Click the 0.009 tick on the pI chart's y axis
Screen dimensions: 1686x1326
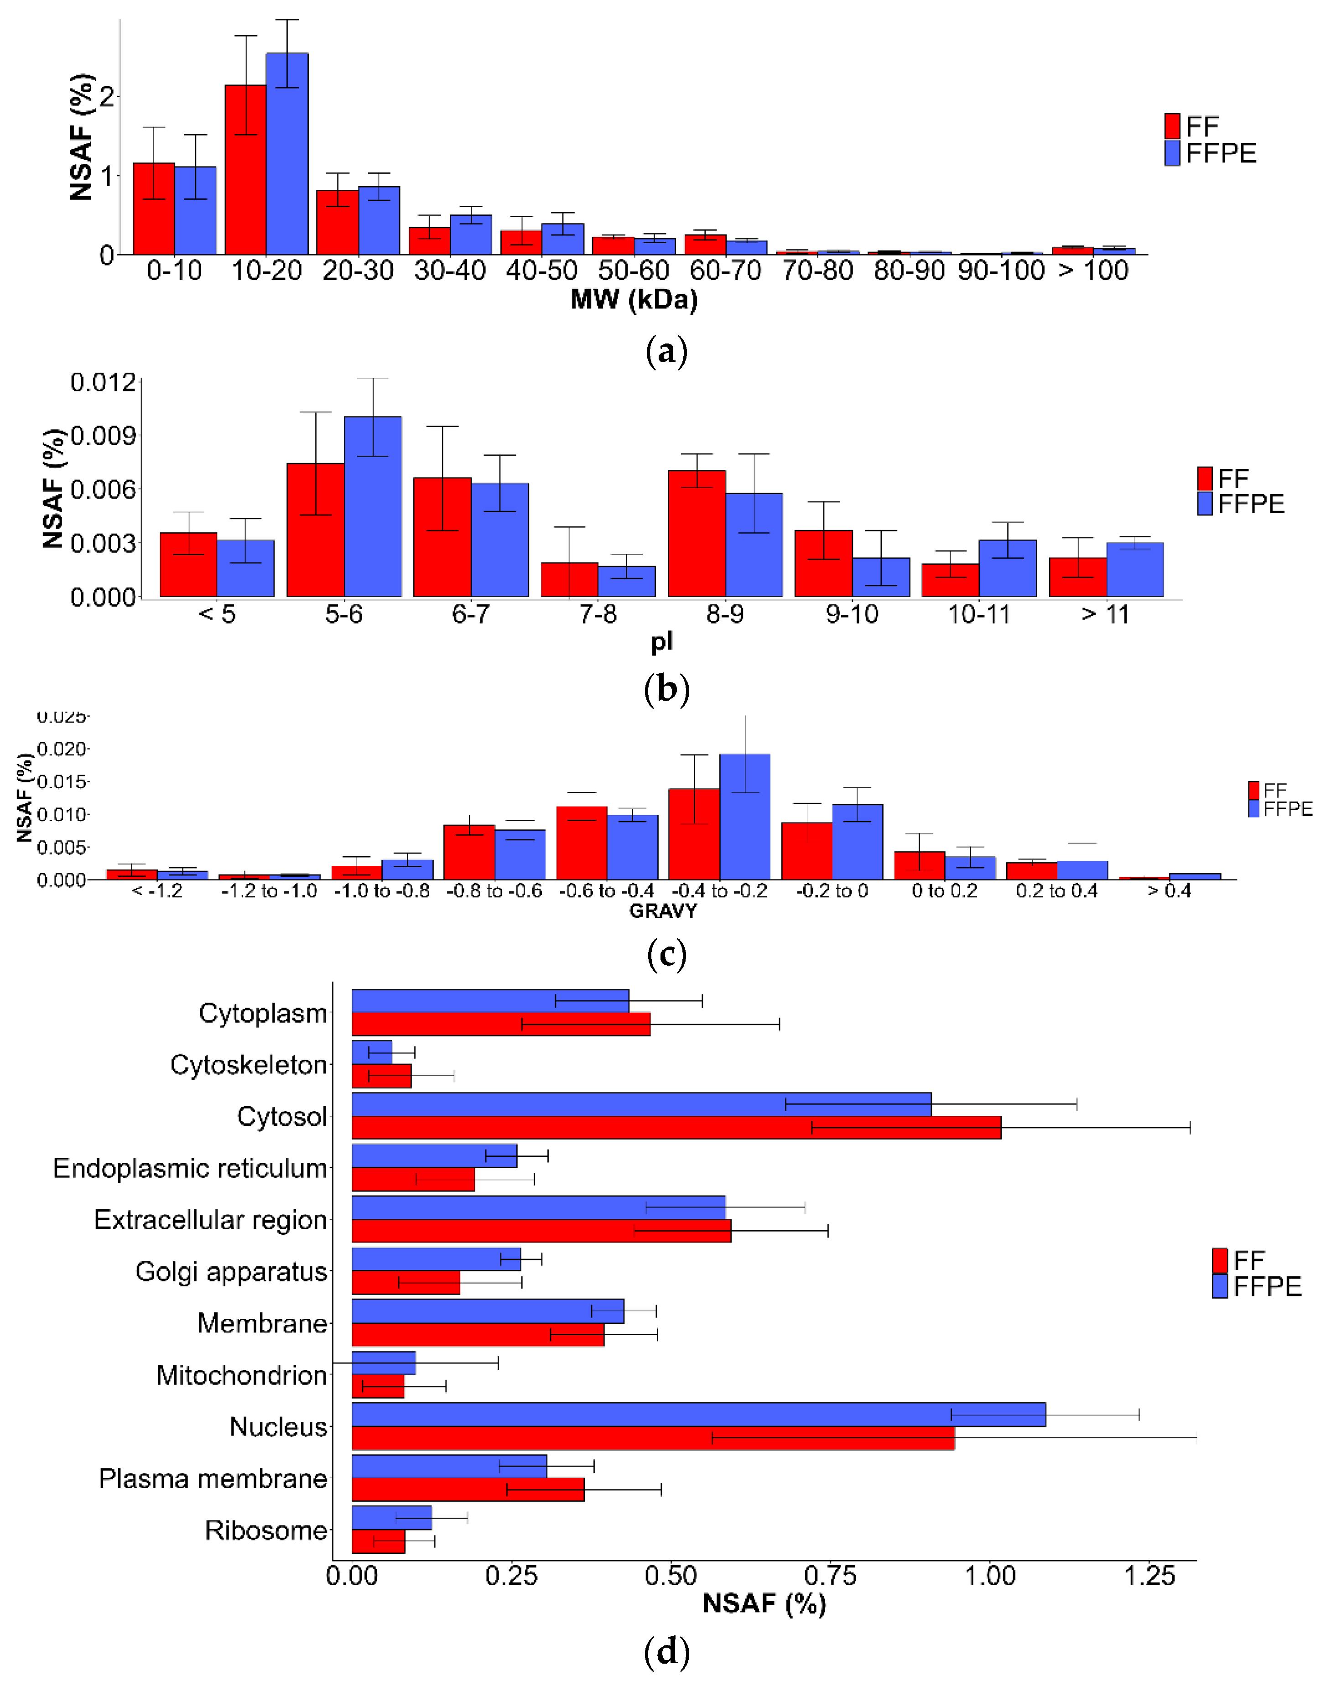pyautogui.click(x=103, y=436)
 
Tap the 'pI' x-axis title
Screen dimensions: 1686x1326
pyautogui.click(x=661, y=641)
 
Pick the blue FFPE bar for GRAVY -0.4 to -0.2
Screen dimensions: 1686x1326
pyautogui.click(x=744, y=816)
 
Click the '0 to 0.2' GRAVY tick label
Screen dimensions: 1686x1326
pyautogui.click(x=944, y=891)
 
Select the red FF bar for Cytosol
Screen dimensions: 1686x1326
pyautogui.click(x=676, y=1127)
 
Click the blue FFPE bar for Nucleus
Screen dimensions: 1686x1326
pyautogui.click(x=699, y=1414)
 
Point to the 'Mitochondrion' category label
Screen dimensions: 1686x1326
pyautogui.click(x=241, y=1375)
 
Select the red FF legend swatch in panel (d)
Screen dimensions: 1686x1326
pyautogui.click(x=1220, y=1260)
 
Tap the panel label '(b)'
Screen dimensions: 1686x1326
pyautogui.click(x=666, y=688)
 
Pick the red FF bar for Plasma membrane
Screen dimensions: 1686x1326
pyautogui.click(x=468, y=1489)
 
